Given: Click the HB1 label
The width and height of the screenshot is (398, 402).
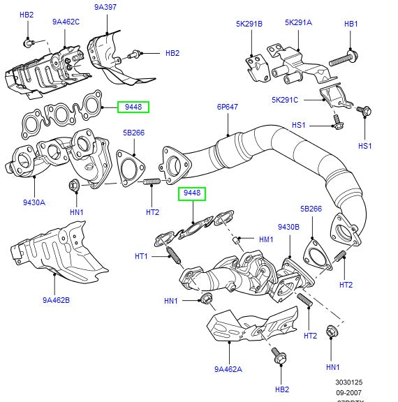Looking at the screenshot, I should click(351, 24).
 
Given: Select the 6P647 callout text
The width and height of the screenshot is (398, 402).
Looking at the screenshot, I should click(228, 107).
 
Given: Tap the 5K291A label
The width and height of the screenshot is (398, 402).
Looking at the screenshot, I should click(298, 22).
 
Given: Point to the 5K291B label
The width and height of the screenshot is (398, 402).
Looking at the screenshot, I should click(249, 24).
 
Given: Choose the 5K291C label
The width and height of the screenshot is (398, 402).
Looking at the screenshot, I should click(285, 99).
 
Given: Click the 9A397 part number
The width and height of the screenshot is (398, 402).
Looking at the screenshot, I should click(106, 8).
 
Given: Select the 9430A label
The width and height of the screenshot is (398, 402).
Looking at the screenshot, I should click(33, 202).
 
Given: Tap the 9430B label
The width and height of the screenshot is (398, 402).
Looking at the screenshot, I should click(288, 227).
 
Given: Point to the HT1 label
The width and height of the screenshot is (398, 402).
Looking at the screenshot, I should click(142, 257).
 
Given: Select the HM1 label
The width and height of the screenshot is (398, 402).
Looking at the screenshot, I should click(266, 239).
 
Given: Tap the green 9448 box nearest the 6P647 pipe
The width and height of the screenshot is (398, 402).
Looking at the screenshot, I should click(192, 193).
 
